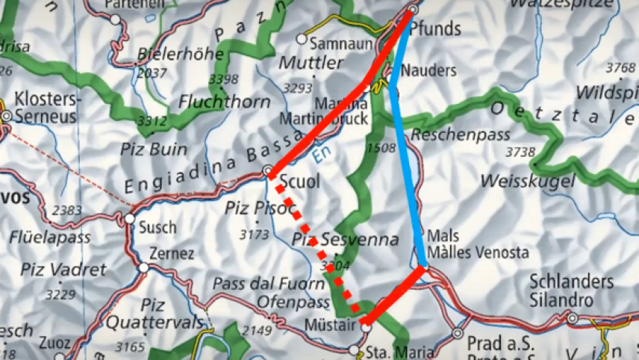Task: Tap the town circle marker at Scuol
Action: (x=269, y=172)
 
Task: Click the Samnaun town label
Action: (x=340, y=43)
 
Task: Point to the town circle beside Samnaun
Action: (x=302, y=38)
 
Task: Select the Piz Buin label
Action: (x=154, y=149)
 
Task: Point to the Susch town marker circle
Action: (x=129, y=219)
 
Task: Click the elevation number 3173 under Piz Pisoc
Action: (x=254, y=235)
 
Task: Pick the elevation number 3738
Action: (x=520, y=152)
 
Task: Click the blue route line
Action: (x=406, y=172)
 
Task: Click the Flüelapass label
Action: (x=50, y=238)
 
